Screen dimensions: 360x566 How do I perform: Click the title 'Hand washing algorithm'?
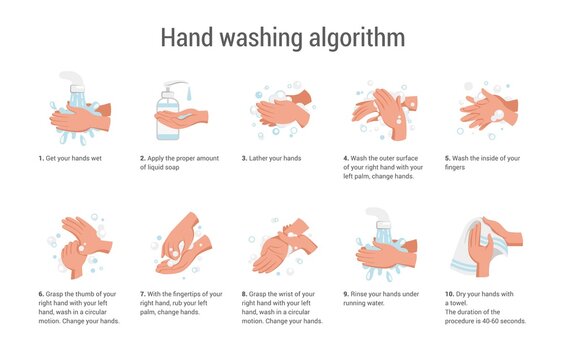(x=283, y=37)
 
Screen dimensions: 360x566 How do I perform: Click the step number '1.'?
(x=41, y=158)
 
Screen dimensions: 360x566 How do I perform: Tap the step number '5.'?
(x=448, y=158)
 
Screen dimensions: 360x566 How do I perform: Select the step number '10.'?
(x=451, y=294)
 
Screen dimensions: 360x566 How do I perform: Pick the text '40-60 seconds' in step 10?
(x=502, y=321)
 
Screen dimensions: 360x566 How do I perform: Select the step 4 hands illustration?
(x=380, y=112)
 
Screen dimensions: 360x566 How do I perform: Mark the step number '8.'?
(x=245, y=294)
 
